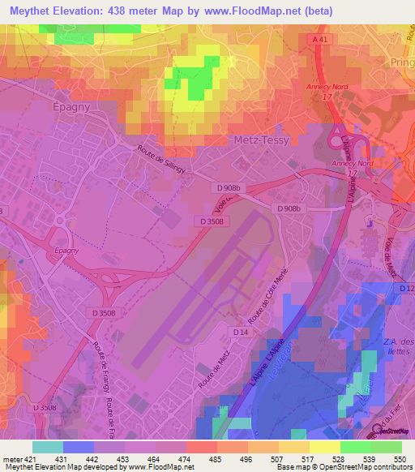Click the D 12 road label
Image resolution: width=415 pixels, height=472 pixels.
pos(406,289)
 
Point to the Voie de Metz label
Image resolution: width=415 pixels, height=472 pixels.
pos(391,256)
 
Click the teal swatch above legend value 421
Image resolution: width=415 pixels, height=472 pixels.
pos(47,447)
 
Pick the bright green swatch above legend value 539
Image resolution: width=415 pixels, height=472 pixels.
pos(355,447)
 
